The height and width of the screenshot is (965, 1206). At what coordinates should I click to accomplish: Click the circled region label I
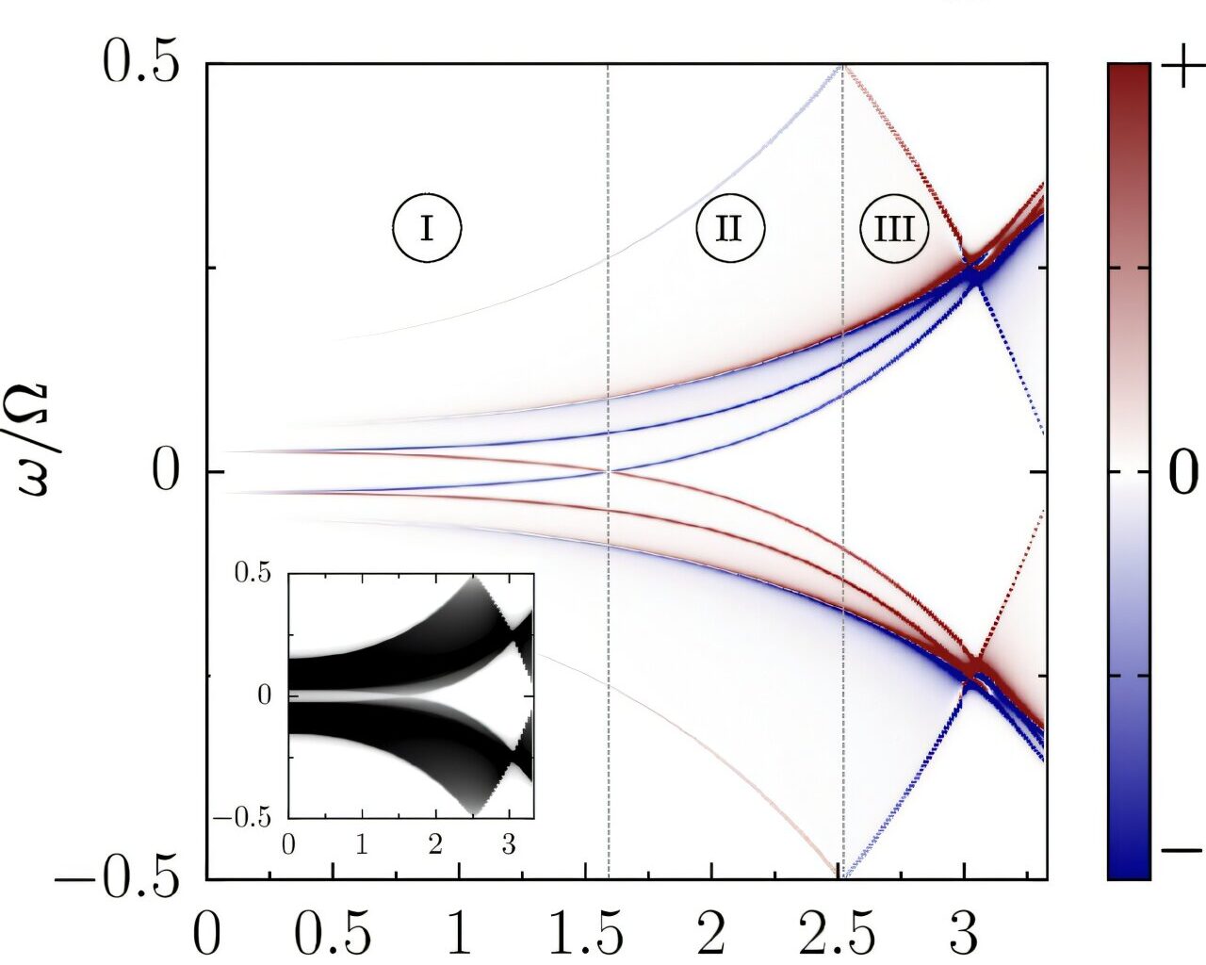427,228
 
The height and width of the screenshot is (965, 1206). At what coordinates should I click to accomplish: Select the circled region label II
730,228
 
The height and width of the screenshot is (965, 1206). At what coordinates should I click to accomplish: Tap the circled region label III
894,229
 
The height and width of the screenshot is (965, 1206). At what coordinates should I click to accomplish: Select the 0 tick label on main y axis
166,472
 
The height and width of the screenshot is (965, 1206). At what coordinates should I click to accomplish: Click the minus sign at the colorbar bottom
1182,852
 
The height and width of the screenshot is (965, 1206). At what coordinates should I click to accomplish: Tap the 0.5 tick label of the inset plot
253,574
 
